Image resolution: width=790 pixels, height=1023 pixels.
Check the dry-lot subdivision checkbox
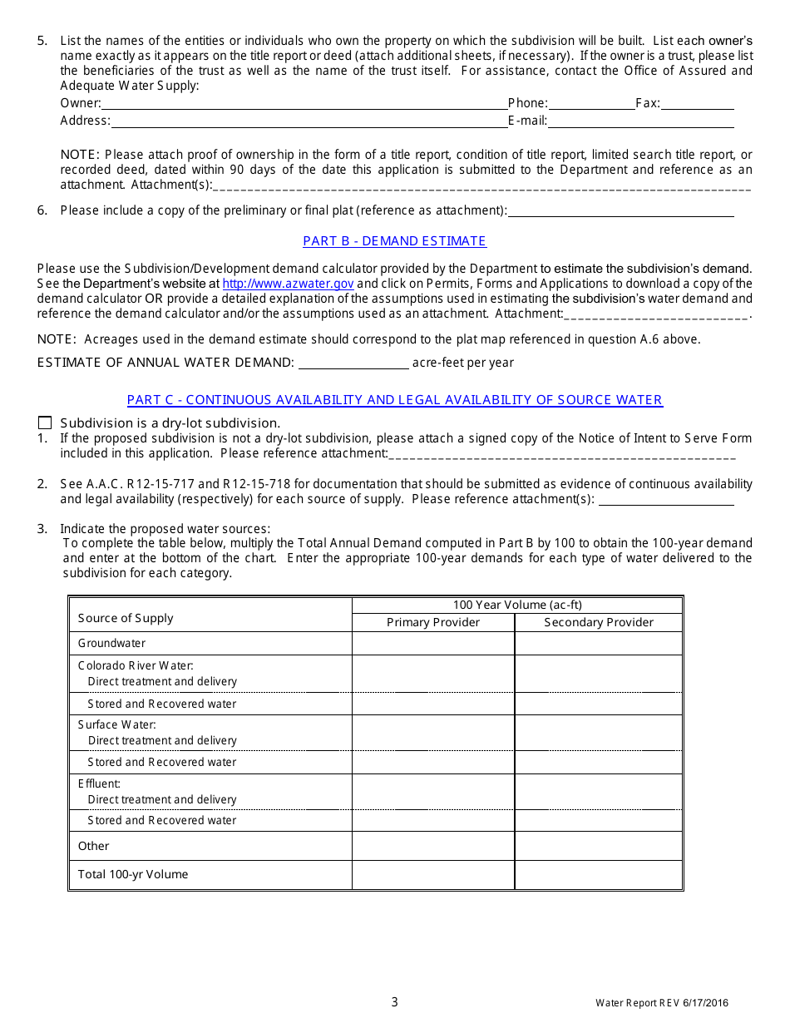pos(45,423)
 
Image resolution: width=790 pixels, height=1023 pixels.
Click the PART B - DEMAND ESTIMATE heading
pos(394,241)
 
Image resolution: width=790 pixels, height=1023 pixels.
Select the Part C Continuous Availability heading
pos(394,400)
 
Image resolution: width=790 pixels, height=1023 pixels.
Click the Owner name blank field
pos(304,104)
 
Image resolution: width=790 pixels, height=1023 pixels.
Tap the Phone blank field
pos(591,104)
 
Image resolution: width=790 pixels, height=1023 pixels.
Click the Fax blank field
pos(697,104)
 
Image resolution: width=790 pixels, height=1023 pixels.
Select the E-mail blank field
pos(640,121)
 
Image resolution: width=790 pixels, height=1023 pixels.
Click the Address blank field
pos(309,121)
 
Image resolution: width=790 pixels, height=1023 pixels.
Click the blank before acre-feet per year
pos(353,363)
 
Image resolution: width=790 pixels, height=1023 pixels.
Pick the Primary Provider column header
pos(433,623)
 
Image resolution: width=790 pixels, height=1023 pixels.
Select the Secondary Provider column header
pos(599,623)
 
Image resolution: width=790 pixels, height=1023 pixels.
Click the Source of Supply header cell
pos(126,618)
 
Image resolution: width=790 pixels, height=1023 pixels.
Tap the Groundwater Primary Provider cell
pos(433,644)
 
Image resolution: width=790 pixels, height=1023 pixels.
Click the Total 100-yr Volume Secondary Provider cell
pos(599,875)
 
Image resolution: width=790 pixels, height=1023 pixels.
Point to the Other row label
pos(94,846)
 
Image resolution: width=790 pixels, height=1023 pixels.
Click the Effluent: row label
pos(100,783)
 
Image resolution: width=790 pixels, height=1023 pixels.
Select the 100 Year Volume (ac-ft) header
pos(517,605)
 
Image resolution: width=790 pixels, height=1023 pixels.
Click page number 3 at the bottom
pos(395,1002)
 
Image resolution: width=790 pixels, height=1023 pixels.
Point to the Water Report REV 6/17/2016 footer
pos(661,1003)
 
